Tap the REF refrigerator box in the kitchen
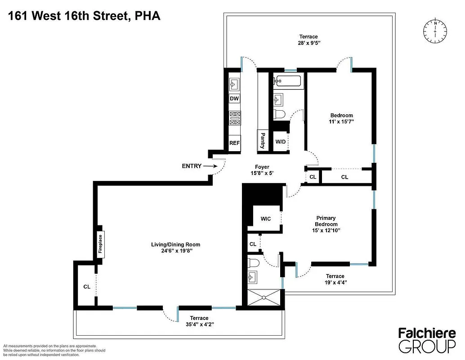[234, 143]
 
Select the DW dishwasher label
[234, 99]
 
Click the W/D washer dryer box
[280, 142]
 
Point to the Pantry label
[262, 140]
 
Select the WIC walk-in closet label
[266, 219]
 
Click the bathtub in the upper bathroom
[288, 81]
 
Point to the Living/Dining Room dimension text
[175, 251]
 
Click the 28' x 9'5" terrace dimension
[309, 43]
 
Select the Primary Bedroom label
[326, 221]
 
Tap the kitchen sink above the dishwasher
[234, 84]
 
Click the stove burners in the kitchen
[235, 118]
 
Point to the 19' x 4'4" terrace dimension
[335, 283]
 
